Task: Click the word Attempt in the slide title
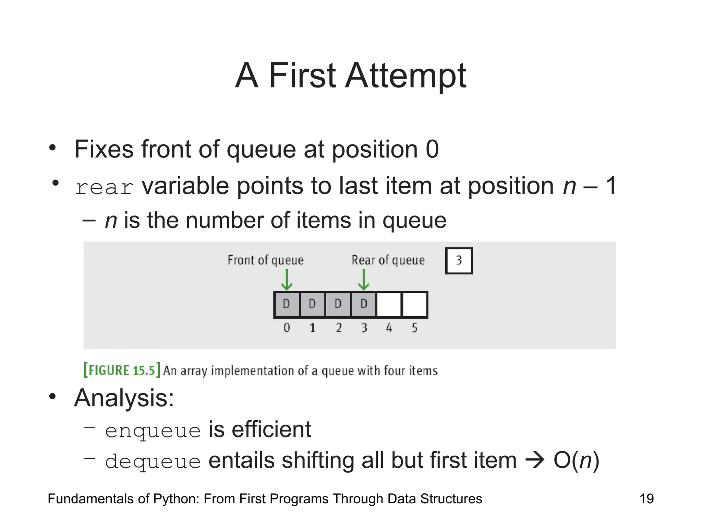[x=406, y=76]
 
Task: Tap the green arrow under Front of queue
[x=287, y=280]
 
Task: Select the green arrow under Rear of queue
[x=363, y=280]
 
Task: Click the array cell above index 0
[x=287, y=304]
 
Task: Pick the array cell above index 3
[x=364, y=304]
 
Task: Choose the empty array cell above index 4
[x=389, y=304]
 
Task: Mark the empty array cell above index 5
[x=415, y=304]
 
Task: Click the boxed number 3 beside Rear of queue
[x=459, y=261]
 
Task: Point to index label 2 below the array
[x=339, y=328]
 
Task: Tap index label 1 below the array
[x=313, y=328]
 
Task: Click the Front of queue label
[x=266, y=260]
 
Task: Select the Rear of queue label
[x=388, y=260]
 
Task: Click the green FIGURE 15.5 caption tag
[x=122, y=371]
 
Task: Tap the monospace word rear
[x=104, y=188]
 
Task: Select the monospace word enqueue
[x=153, y=431]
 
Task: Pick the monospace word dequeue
[x=153, y=461]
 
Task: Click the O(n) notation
[x=576, y=460]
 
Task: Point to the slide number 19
[x=646, y=499]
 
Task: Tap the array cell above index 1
[x=312, y=304]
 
